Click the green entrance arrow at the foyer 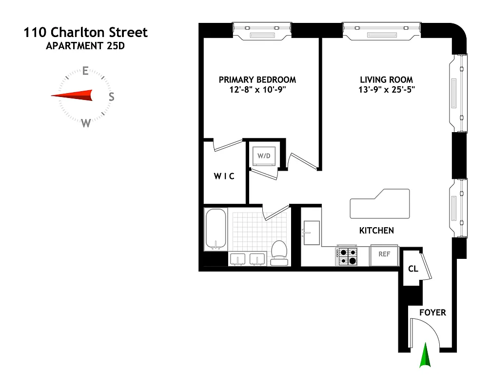426,355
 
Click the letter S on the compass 111,97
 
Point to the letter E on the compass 85,71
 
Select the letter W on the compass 86,123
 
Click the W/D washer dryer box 264,156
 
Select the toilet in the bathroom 279,252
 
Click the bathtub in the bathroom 215,229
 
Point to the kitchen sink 311,233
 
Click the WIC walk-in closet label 224,176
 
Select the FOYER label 432,312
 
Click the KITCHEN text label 376,231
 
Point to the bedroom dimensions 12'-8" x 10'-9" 257,90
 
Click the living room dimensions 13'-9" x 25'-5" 387,90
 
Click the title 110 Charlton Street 86,33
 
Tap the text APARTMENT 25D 85,47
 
